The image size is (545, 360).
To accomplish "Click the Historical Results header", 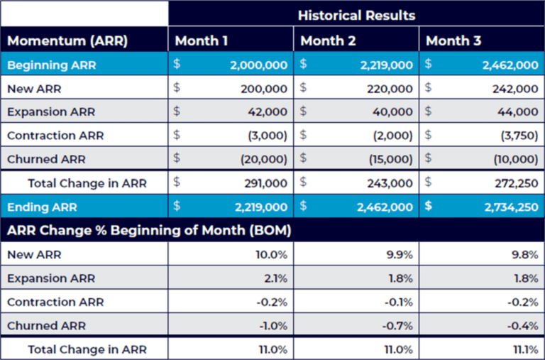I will pos(356,15).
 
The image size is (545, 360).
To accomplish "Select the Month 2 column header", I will pos(327,40).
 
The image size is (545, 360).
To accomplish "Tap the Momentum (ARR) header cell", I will pos(67,40).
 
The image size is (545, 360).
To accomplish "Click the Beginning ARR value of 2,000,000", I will pos(258,65).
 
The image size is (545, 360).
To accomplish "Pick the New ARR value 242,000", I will pos(515,89).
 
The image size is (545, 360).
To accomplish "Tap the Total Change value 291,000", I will pos(268,183).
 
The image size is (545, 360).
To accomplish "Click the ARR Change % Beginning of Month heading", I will pos(149,231).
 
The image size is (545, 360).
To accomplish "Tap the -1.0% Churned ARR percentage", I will pos(274,326).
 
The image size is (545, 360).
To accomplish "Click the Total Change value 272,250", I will pos(515,183).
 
